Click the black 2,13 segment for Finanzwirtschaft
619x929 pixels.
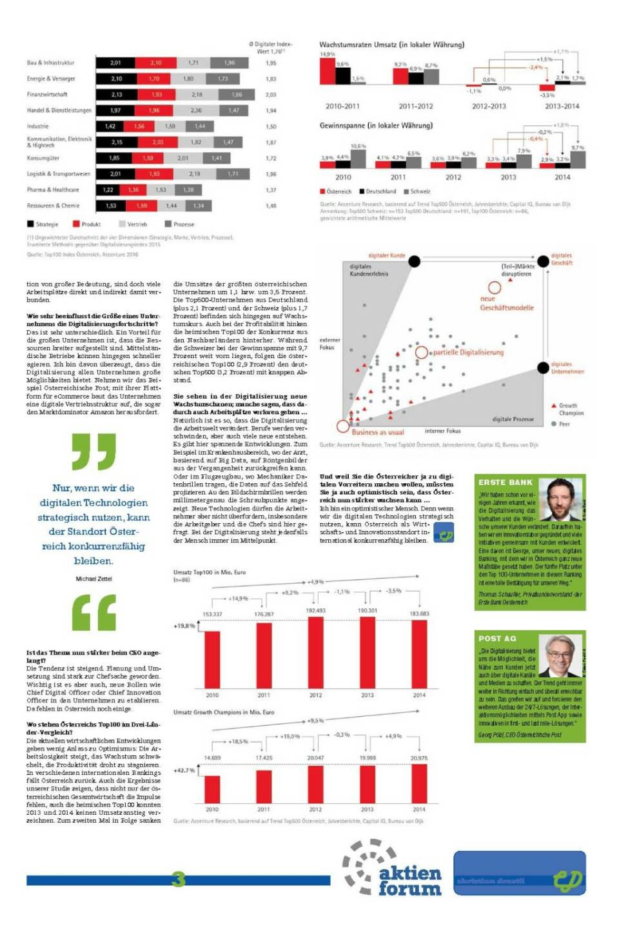pos(116,94)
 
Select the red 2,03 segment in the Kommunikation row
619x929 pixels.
pos(157,142)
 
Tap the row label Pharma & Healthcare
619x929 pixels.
pos(53,190)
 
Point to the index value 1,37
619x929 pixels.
pos(271,190)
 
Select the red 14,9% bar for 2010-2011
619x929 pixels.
pos(327,71)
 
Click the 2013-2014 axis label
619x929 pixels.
pos(562,106)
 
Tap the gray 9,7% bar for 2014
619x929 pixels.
pos(578,158)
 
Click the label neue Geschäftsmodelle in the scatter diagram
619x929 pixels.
pos(506,303)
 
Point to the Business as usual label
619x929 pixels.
pos(377,432)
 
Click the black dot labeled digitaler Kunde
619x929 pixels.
pos(415,261)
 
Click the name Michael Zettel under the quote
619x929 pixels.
pos(93,579)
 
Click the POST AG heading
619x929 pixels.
pos(497,638)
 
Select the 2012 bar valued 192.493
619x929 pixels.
pos(315,652)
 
